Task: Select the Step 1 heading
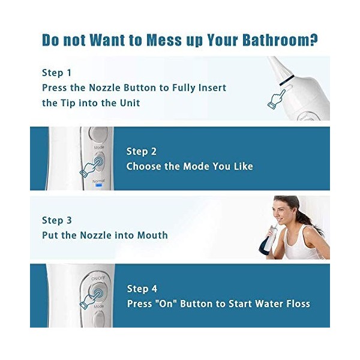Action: tap(56, 73)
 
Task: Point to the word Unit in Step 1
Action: tap(128, 103)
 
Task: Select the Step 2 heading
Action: tap(142, 151)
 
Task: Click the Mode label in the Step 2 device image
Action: tap(98, 147)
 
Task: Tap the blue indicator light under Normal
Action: tap(99, 185)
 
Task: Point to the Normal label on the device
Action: tap(99, 179)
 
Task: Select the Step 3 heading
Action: tap(57, 220)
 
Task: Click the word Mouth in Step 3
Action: tap(151, 235)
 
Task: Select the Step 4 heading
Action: tap(142, 289)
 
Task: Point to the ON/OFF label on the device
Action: tap(98, 278)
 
